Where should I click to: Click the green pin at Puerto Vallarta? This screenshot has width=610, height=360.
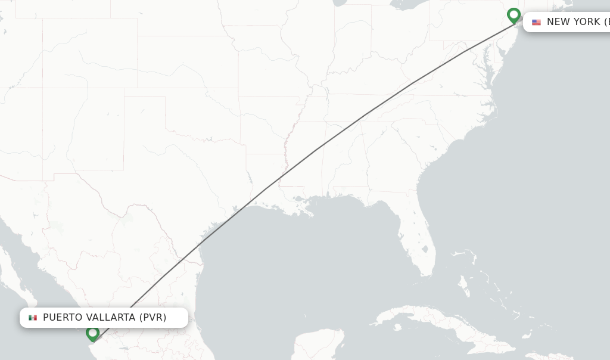(92, 333)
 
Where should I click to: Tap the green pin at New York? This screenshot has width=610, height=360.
(513, 15)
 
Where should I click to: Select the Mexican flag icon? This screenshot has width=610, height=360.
(33, 318)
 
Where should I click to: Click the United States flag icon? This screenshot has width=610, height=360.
(536, 22)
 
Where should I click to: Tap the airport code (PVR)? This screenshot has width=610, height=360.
(153, 317)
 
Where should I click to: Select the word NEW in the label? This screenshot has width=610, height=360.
(558, 22)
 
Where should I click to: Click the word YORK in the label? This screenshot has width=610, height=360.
(586, 22)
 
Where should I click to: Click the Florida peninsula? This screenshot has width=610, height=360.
(417, 232)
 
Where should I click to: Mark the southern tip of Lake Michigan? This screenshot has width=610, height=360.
(337, 4)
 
